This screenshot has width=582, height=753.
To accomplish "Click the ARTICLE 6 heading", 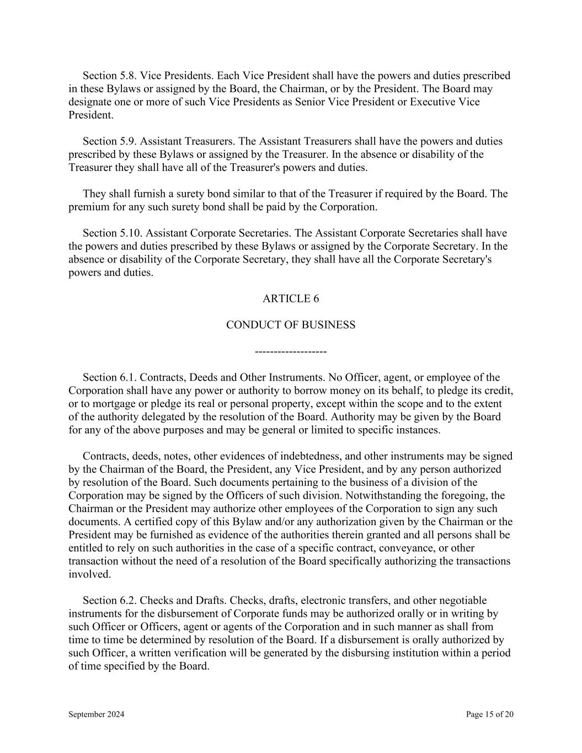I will (x=291, y=298).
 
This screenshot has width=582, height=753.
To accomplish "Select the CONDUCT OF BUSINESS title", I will (x=291, y=325).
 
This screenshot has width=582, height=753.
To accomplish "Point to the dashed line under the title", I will (x=291, y=351).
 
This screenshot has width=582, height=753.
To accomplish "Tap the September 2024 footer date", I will (x=96, y=714).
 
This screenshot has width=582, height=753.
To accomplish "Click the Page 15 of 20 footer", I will (x=489, y=714).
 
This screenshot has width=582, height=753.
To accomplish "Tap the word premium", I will (x=87, y=207).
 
